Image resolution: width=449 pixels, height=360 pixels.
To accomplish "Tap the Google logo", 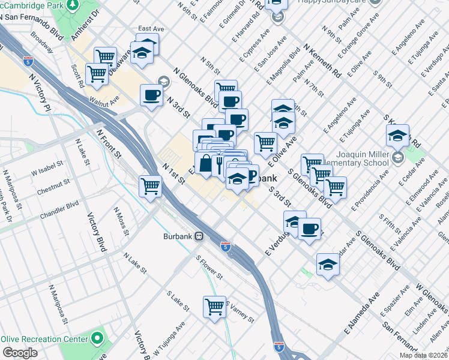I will point(20,353).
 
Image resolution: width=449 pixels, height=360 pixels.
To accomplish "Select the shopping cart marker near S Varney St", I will point(214,307).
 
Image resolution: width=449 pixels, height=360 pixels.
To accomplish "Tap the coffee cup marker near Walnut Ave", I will point(150,95).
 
